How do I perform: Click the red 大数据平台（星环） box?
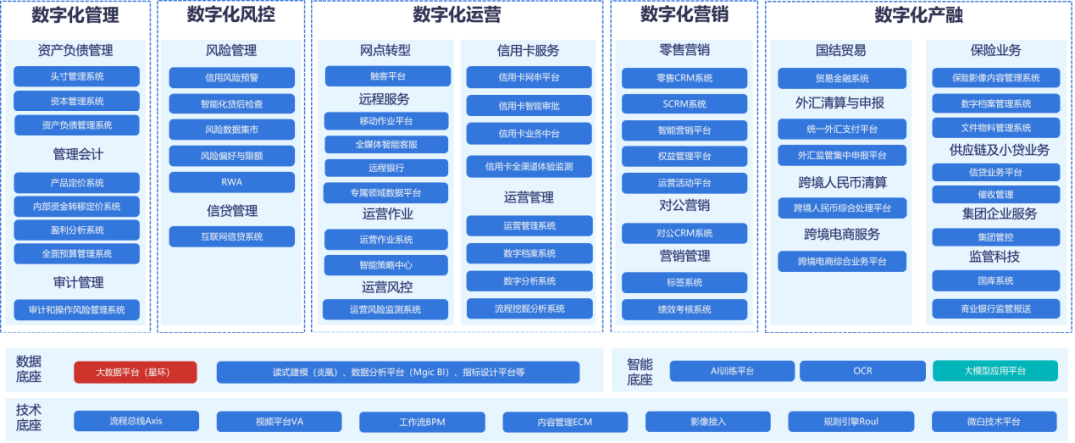pos(135,372)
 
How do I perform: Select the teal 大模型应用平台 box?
pos(994,371)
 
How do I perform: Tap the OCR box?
pos(862,371)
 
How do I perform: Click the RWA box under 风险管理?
pos(231,182)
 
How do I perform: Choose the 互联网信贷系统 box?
pos(231,236)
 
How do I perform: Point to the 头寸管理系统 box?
pos(77,76)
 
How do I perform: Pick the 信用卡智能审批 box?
pos(529,105)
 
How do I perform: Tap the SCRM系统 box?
pos(684,104)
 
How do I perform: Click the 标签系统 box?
pos(684,282)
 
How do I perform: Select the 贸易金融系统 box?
pos(841,78)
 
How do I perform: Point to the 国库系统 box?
pos(994,281)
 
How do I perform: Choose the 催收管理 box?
pos(994,195)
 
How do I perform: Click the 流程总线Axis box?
pos(135,421)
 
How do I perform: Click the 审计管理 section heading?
pos(77,283)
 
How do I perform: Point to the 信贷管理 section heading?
pos(231,210)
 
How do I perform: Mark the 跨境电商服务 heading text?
pos(841,235)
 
